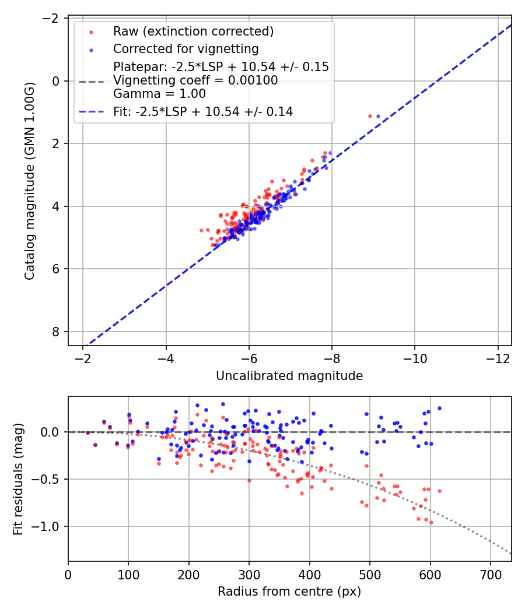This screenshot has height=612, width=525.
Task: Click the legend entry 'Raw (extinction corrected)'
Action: [x=193, y=31]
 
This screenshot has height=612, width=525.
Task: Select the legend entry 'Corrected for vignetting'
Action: [x=185, y=48]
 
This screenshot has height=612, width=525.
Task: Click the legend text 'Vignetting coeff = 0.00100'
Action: [x=195, y=80]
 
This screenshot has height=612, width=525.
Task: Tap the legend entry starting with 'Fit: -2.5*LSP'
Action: [x=203, y=111]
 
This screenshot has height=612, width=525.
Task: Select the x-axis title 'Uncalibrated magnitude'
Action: [x=289, y=376]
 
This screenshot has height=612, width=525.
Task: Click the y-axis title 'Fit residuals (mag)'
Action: [x=18, y=479]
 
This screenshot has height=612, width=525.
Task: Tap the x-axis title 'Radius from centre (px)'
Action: [x=289, y=592]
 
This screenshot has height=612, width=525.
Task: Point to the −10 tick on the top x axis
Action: [x=415, y=357]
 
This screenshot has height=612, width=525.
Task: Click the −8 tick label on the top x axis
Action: [x=332, y=357]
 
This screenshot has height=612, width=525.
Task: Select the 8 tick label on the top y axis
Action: [x=56, y=332]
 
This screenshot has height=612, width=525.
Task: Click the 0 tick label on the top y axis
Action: [x=56, y=81]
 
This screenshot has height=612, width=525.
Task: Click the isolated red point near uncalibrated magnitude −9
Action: [x=370, y=116]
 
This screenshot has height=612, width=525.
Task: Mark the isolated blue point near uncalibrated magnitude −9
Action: [x=378, y=116]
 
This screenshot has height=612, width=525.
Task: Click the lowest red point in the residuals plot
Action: [x=431, y=522]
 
